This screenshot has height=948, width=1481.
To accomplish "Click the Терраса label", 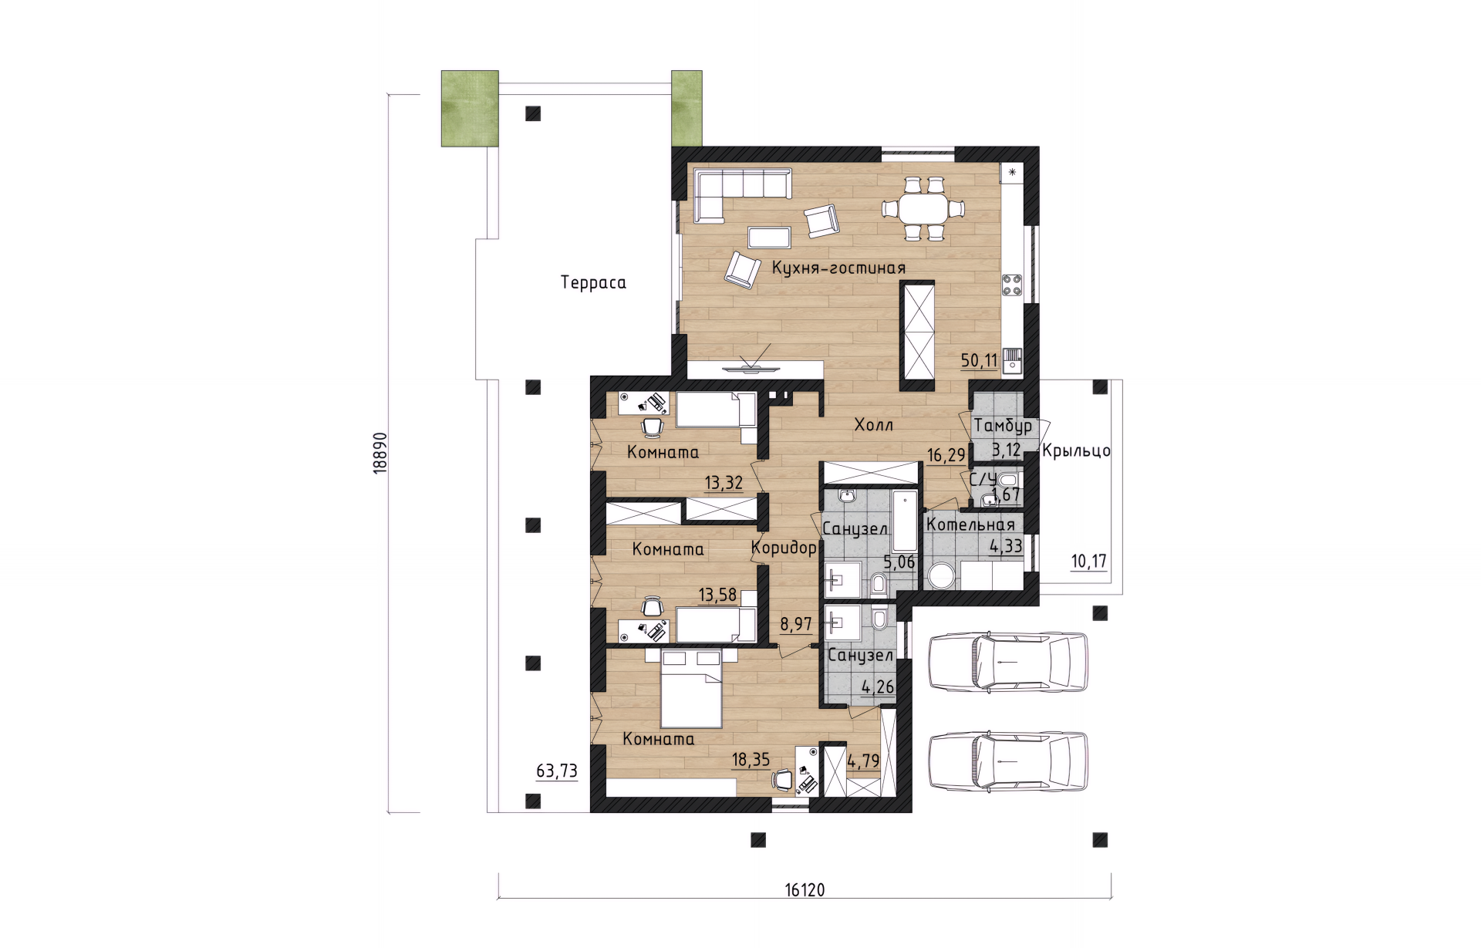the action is point(593,282).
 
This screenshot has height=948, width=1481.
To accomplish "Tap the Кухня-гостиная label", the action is point(838,268).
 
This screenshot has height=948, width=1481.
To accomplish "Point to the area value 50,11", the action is point(979,360).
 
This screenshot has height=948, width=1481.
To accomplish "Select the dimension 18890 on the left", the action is point(379,453).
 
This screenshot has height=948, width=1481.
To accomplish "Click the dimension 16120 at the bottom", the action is point(805,890).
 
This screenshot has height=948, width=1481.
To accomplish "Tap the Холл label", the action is point(874,424).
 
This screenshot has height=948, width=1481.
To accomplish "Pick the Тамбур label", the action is point(1003,426).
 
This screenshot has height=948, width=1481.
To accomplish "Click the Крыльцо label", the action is point(1076,450).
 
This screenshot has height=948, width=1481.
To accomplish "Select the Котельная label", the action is point(970,525).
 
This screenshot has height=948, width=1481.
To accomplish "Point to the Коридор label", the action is point(784,548).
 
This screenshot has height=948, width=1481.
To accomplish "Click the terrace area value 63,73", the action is point(557,771).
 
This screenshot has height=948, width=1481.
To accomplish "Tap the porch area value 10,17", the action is point(1089,561).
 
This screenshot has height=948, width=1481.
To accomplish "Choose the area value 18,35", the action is point(751,760).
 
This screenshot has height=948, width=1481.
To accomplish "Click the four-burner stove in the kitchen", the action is point(1012,286).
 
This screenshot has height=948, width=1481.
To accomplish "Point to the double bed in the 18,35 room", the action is point(692,689).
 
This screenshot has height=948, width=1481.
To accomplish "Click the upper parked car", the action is point(1008,662).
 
